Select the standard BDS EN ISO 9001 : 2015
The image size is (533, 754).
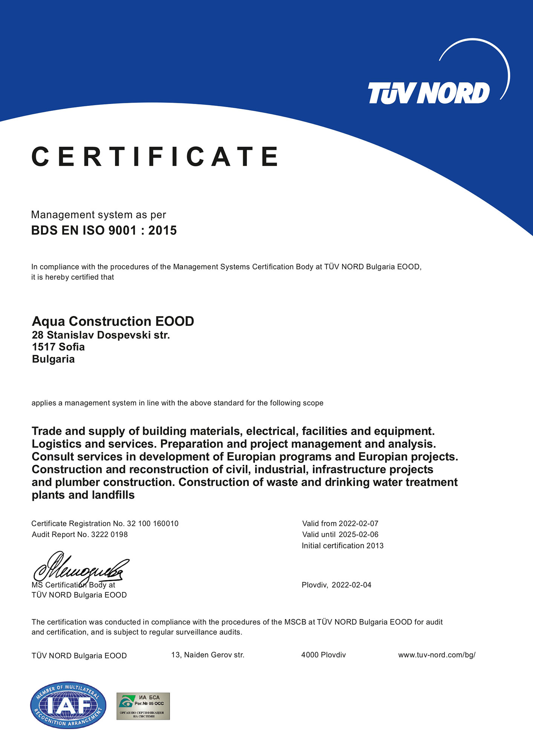104,230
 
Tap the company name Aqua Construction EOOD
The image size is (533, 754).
113,321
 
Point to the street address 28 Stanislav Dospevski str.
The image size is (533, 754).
101,335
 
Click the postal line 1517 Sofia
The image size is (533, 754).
58,347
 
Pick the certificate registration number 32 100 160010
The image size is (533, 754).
153,523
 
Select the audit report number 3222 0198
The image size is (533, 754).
109,534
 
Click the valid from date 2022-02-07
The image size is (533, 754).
358,523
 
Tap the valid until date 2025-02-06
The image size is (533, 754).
358,534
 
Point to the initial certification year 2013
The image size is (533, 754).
375,546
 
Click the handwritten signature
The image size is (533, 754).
81,568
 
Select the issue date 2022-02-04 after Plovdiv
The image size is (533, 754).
351,585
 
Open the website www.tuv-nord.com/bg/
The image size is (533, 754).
437,655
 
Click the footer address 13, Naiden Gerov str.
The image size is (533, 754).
208,655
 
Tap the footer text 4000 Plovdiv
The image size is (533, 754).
323,655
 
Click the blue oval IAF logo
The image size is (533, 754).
68,705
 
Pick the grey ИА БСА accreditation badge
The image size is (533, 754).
143,706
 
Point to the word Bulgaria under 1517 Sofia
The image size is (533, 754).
53,359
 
